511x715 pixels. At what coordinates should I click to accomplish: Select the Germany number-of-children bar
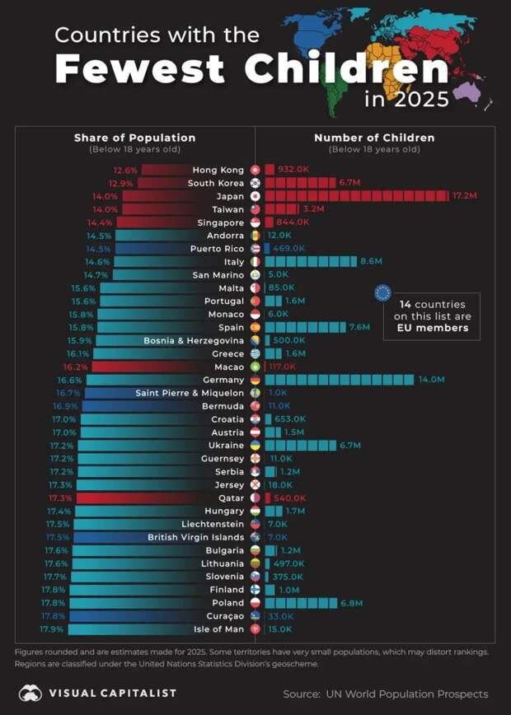[340, 380]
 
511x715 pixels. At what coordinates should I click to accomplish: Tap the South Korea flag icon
[255, 183]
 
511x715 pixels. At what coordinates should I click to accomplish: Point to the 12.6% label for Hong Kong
[126, 170]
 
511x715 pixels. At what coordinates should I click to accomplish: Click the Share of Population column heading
[134, 138]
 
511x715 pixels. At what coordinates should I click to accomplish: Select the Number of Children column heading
[374, 138]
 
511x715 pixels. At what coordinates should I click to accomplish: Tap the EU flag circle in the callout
[382, 292]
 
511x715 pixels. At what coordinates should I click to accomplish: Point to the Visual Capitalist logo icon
[30, 693]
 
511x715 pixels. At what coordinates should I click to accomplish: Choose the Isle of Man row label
[218, 629]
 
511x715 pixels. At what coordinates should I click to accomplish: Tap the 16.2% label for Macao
[75, 367]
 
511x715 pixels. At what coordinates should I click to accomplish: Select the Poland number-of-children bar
[301, 603]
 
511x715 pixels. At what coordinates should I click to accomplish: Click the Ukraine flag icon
[255, 446]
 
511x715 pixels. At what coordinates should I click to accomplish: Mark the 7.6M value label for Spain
[359, 327]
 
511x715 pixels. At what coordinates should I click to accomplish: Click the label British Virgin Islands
[196, 537]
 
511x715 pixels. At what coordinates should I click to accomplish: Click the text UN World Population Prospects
[406, 694]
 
